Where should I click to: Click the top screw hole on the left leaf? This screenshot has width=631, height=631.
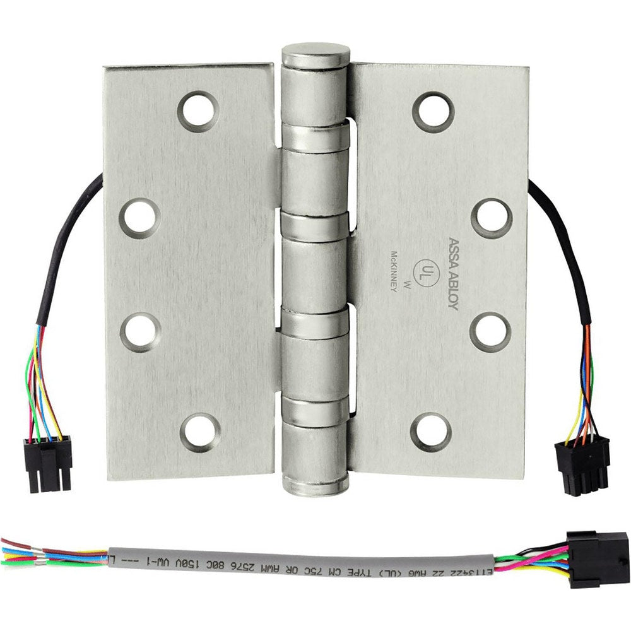coord(198,112)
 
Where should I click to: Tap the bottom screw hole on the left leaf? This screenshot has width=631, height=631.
coord(200,432)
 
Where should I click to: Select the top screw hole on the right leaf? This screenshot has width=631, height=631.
coord(433,112)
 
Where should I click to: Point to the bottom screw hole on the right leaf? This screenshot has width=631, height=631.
coord(431,432)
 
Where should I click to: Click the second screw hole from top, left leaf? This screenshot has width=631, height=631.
coord(139,218)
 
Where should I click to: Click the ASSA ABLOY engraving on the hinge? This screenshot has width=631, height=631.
coord(453,273)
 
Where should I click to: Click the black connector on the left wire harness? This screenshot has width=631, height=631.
coord(48,456)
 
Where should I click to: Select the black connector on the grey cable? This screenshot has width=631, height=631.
coord(597,559)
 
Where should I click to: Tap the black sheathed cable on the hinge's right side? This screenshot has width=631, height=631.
coord(565,246)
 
